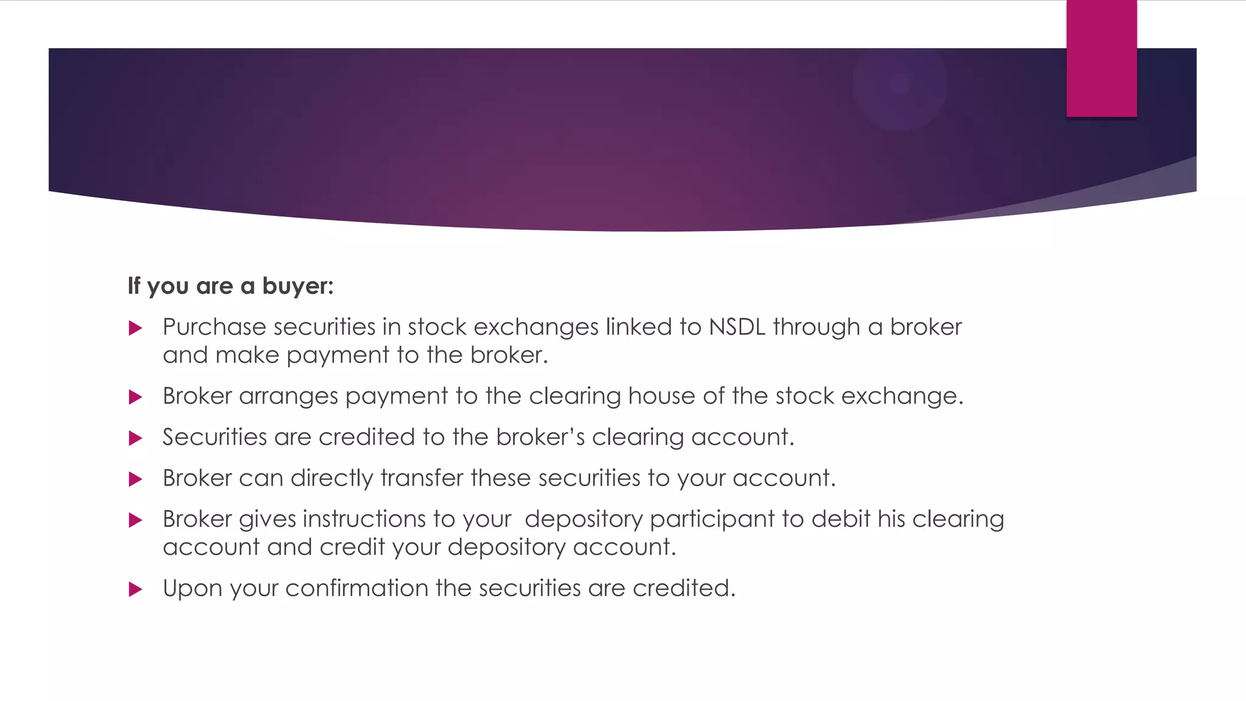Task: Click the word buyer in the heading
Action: pos(298,286)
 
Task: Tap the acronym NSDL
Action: pos(737,327)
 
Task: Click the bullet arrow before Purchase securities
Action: pos(136,329)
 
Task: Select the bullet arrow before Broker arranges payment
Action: pos(136,397)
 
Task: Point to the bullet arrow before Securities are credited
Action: pos(136,438)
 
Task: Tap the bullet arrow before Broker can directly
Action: pos(136,480)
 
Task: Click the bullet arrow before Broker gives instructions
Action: pos(136,520)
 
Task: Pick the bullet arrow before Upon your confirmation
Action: pos(136,589)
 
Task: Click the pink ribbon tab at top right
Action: pos(1101,58)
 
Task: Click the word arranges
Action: pos(288,397)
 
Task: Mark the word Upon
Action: pos(192,588)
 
